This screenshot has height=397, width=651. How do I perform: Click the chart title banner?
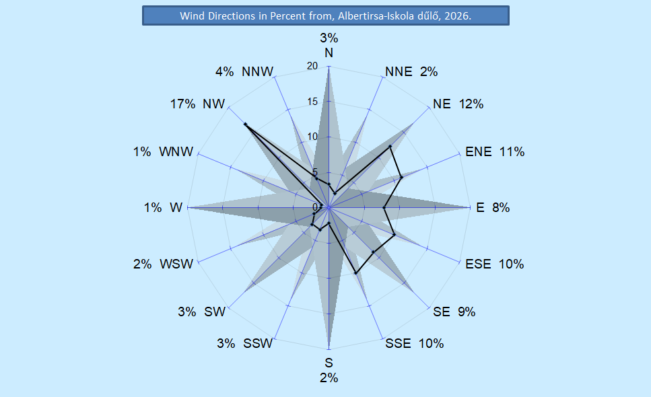pos(325,15)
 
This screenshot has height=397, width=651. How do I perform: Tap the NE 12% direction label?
pos(458,104)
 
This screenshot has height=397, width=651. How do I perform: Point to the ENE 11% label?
pos(495,152)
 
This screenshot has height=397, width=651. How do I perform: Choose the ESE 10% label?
pos(494,264)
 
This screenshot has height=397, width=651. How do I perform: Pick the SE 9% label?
pos(454,312)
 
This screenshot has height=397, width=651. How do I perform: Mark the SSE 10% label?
pos(414,344)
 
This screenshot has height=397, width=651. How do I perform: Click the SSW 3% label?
pos(244,344)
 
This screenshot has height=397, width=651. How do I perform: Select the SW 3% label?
pos(202,312)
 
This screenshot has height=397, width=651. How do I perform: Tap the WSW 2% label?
pos(163,264)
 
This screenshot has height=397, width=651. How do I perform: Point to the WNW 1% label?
pos(163,152)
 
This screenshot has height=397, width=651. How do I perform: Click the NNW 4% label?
pos(242,72)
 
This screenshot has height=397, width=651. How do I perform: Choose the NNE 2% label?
pos(411,72)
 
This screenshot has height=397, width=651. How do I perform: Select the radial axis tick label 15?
pos(312,102)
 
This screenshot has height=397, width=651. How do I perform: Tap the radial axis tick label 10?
pos(312,137)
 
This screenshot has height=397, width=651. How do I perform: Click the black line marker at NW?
pos(245,124)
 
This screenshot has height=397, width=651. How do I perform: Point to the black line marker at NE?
pos(390,146)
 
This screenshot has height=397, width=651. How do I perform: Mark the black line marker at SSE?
pos(355,273)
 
